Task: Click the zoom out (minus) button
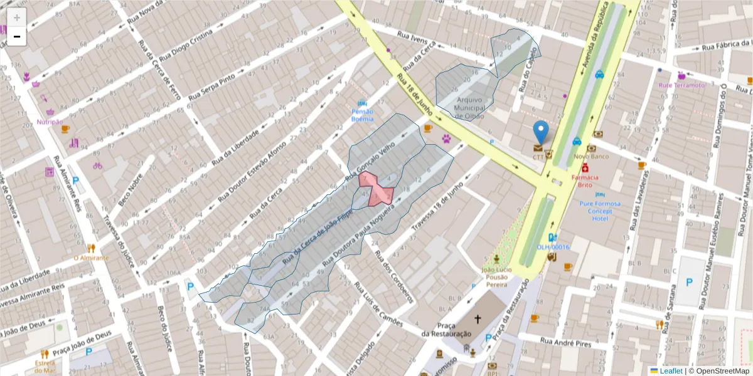(16, 36)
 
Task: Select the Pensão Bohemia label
(362, 115)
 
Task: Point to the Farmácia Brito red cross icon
(585, 168)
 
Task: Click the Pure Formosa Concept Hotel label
(600, 211)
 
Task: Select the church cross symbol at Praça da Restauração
(478, 320)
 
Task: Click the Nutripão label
(50, 122)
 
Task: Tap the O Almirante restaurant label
(91, 258)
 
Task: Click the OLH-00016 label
(553, 247)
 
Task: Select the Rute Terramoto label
(681, 85)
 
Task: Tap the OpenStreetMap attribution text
(718, 371)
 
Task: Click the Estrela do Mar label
(45, 367)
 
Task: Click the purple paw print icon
(446, 138)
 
